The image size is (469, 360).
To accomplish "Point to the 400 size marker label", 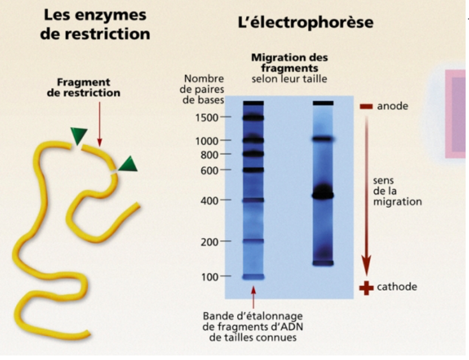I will (209, 200).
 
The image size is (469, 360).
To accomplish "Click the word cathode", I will (397, 287).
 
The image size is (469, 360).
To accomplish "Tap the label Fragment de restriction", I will (83, 87).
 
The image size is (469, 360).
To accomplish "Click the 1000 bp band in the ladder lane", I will (253, 140).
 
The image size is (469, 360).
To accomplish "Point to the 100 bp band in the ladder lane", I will (253, 276).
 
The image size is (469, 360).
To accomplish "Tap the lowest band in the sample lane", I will (323, 263).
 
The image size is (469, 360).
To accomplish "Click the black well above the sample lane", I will (323, 103).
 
